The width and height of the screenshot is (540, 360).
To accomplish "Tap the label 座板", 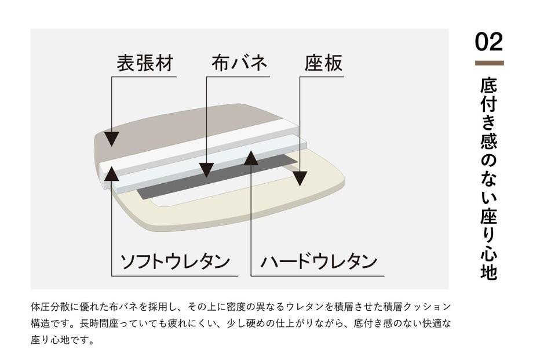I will [323, 63].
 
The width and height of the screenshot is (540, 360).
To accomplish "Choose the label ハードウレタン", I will [319, 261].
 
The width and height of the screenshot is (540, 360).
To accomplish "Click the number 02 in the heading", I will [489, 42].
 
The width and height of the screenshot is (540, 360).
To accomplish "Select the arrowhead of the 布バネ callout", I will [207, 170].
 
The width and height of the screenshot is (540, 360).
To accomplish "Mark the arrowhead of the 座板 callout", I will [299, 178].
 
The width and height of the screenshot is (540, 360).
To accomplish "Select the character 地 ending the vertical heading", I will [489, 272].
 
